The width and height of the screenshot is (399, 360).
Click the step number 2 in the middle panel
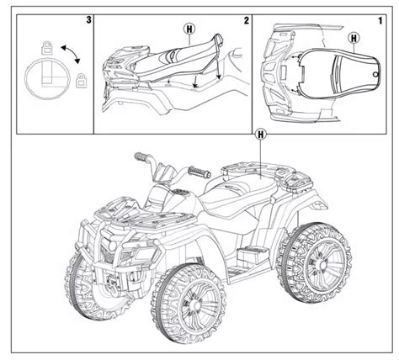pos(246,19)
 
